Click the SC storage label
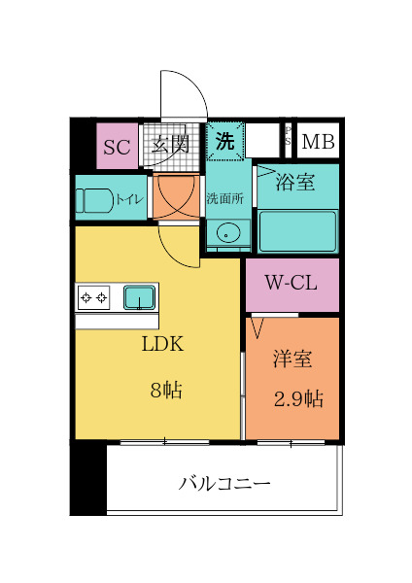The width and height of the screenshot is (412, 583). coord(117,148)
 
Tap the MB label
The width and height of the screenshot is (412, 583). coord(317,143)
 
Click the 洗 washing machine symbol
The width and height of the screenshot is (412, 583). coord(224,141)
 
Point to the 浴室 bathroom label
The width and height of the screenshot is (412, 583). coord(294,182)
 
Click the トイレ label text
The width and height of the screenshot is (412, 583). coord(130,199)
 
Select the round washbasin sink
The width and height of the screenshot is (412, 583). coord(227,234)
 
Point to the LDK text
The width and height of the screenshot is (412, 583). coord(162,345)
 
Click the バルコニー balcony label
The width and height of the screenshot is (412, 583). coord(223,483)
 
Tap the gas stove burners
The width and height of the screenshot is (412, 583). coord(94,296)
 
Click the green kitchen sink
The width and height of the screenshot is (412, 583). coord(139,295)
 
